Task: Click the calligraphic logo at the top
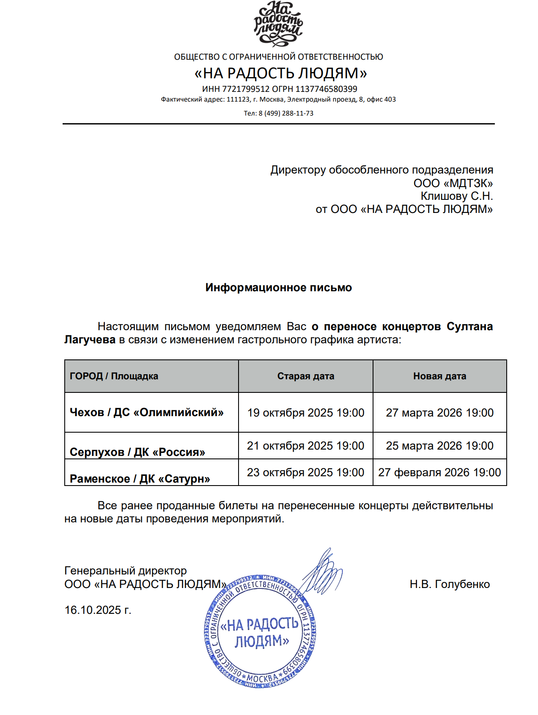[278, 23]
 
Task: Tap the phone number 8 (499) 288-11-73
[286, 113]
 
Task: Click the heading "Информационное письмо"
[278, 287]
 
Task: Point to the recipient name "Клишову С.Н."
[456, 196]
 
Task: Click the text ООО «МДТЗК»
[453, 183]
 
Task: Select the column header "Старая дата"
[305, 376]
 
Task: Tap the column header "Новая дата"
[439, 376]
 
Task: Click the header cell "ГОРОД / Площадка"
[114, 376]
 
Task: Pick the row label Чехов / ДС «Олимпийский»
[146, 412]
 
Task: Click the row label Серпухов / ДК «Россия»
[137, 452]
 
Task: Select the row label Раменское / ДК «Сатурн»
[140, 479]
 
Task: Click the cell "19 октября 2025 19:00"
[305, 413]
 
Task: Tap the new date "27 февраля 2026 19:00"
[439, 472]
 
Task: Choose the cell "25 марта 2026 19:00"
[439, 446]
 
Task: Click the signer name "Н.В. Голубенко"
[449, 584]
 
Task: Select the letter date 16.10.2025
[98, 610]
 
